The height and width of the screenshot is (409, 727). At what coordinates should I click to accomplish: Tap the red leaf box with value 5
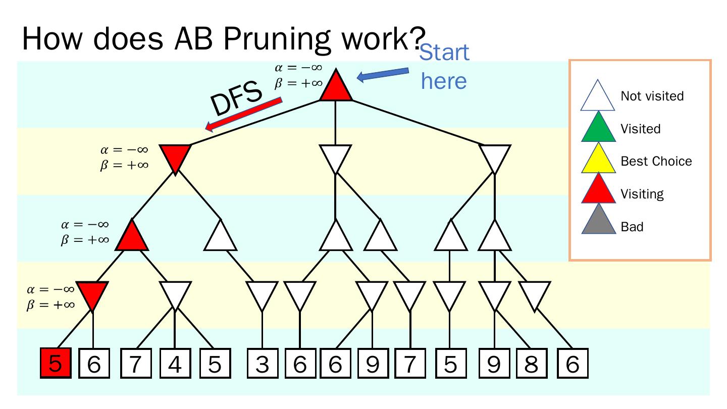tap(55, 364)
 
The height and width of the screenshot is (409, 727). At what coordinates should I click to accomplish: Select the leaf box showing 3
tap(262, 364)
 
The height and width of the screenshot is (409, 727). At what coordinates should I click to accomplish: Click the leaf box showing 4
tap(175, 364)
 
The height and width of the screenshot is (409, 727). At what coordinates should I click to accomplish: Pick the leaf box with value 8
tap(532, 364)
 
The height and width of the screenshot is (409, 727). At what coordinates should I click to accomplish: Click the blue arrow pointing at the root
tap(383, 74)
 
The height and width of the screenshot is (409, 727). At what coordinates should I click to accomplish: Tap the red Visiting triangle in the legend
tap(598, 191)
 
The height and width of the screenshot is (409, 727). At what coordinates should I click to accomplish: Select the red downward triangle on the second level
tap(175, 156)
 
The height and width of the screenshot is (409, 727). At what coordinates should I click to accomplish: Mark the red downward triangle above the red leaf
tap(93, 293)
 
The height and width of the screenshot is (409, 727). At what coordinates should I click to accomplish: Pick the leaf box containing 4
tap(175, 364)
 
